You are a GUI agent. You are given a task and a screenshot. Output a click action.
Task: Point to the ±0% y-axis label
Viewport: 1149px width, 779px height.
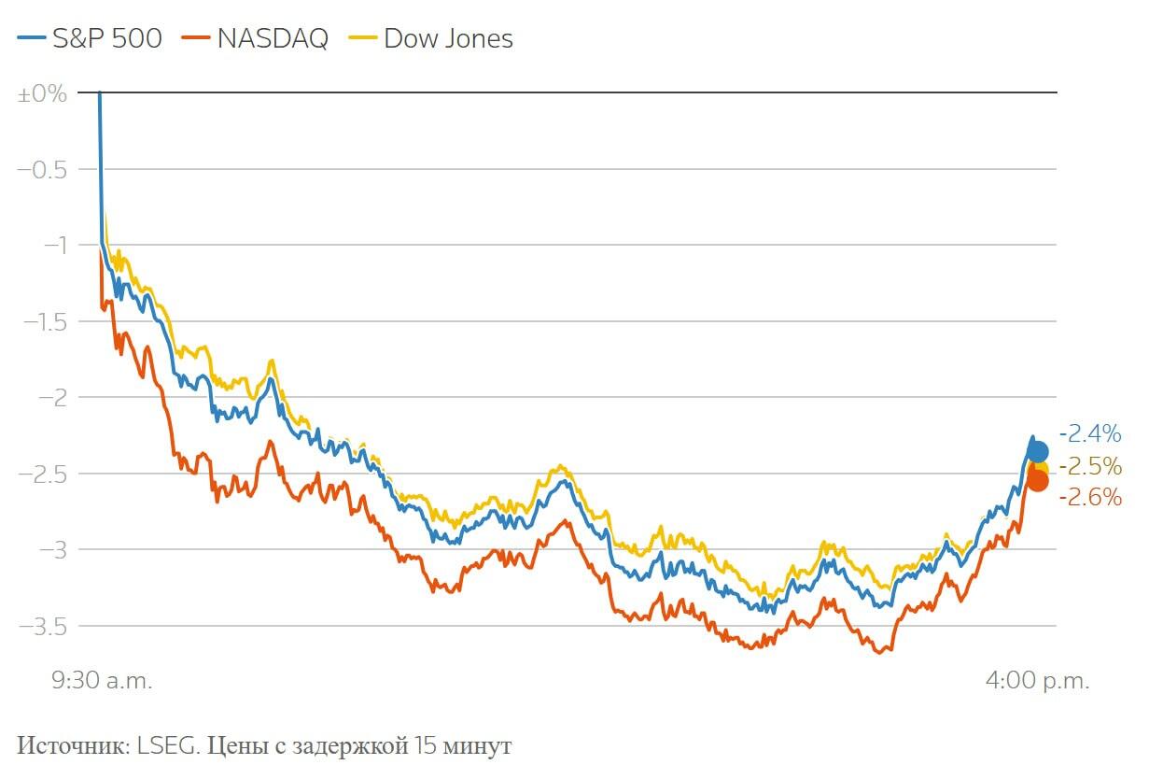coord(43,93)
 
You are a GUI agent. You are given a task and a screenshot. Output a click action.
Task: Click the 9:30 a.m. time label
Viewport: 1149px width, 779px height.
coord(101,681)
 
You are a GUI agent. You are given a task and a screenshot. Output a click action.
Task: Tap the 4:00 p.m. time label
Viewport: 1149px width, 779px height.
coord(1037,681)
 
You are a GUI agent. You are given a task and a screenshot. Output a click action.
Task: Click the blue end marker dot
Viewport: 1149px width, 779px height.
coord(1037,452)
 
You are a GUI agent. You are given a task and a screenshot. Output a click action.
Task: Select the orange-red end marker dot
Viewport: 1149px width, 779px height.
coord(1037,481)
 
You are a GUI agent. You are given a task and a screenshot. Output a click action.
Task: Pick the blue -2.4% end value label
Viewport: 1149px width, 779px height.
coord(1090,434)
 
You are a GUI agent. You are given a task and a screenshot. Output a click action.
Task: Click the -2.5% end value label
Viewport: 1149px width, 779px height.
coord(1090,466)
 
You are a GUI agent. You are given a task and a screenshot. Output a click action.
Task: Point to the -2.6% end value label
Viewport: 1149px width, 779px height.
coord(1090,498)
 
